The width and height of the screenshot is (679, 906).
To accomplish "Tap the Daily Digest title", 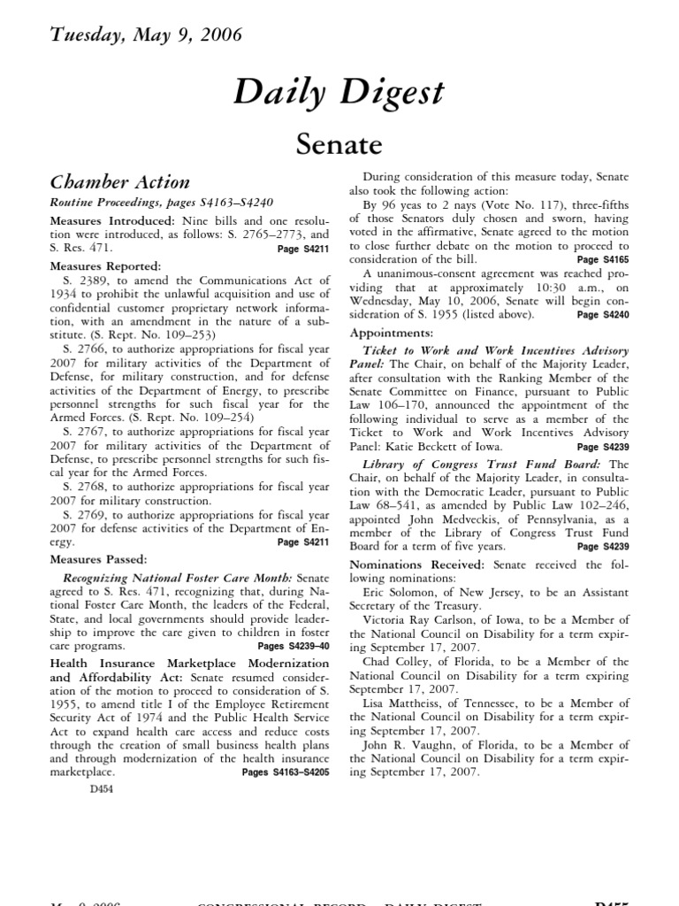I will (339, 93).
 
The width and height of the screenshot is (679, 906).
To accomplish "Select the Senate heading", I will (339, 143).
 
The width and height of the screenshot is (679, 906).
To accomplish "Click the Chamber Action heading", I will (119, 182).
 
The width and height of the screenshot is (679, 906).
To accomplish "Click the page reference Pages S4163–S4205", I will (286, 772).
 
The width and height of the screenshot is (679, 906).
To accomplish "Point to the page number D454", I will (103, 789).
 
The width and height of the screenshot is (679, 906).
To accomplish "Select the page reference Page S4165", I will (603, 260).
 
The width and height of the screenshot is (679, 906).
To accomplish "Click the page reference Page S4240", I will (603, 314).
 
